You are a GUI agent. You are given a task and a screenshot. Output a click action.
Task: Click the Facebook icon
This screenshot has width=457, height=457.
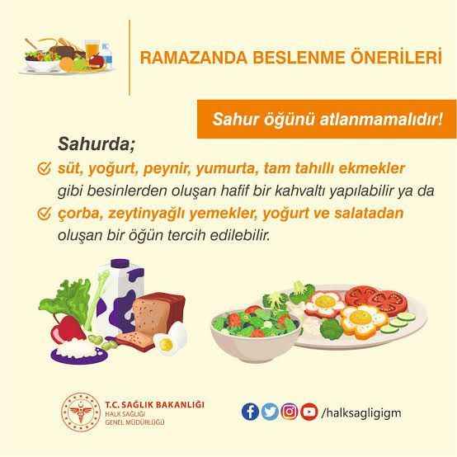coord(250,410)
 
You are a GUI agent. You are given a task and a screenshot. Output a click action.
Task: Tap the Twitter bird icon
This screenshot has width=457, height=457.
coord(269,410)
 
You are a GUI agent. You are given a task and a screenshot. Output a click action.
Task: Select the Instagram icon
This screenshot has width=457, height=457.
coord(289,410)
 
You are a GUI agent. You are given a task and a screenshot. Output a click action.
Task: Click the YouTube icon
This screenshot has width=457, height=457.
coord(309,410)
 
